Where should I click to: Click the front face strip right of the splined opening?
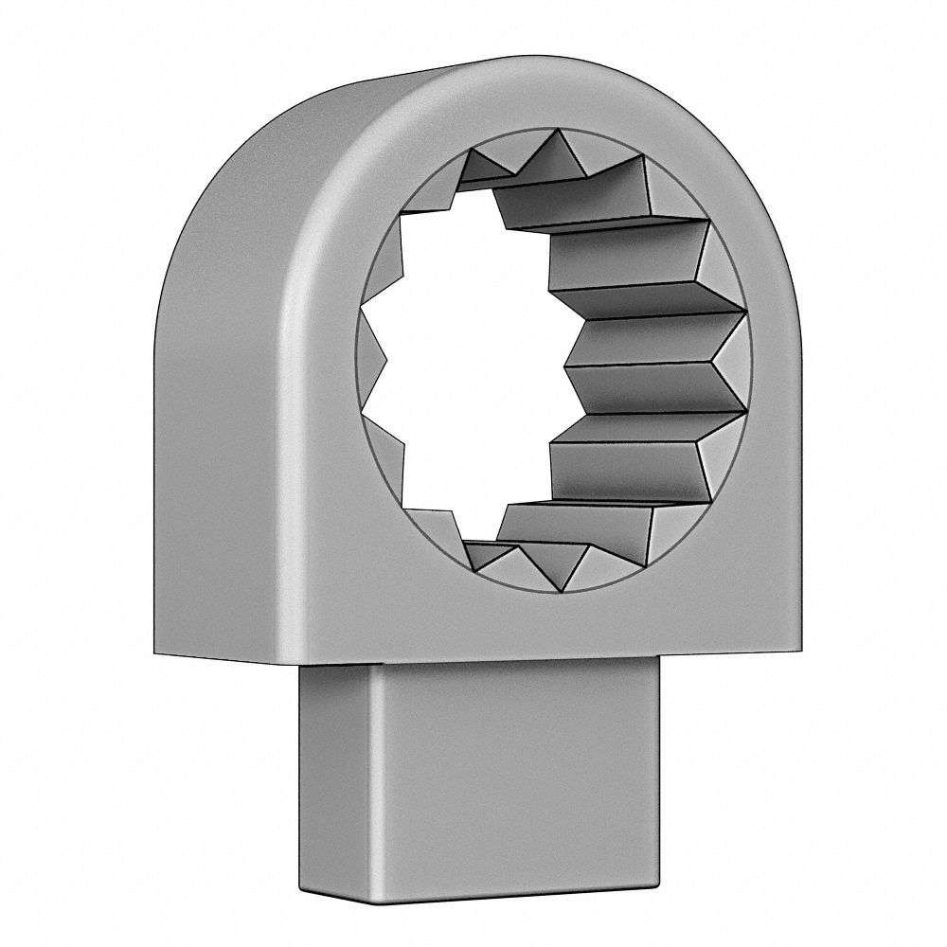(772, 379)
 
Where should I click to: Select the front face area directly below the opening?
(540, 625)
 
